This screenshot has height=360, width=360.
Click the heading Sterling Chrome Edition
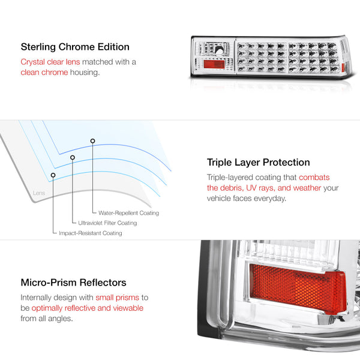point(75,47)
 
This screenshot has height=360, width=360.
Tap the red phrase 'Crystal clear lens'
point(50,62)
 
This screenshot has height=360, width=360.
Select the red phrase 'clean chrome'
point(44,73)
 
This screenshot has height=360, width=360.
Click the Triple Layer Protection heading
point(258,163)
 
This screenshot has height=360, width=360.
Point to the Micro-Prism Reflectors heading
point(73,283)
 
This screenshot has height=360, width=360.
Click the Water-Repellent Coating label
point(128,213)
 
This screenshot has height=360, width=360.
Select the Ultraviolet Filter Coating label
point(107,223)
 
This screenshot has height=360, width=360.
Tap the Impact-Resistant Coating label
point(91,233)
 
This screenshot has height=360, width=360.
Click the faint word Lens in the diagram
point(39,193)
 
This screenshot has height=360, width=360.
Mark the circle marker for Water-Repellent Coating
point(92,141)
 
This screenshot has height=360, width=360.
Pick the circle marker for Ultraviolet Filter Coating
point(73,157)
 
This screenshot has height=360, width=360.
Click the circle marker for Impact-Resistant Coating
point(53,175)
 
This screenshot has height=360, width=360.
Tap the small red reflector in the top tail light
point(214,64)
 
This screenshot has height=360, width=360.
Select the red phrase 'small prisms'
point(118,298)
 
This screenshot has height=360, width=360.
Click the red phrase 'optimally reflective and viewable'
point(88,308)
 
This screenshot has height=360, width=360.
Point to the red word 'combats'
point(314,178)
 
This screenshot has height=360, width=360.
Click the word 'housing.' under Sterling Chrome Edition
point(85,73)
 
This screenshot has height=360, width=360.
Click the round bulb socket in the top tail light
point(220,51)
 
